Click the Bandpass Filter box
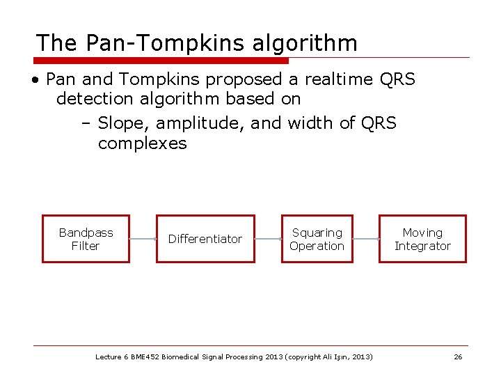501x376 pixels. (86, 239)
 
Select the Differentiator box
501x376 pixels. (205, 239)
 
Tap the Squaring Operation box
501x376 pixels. (317, 239)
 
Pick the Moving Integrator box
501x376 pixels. (422, 239)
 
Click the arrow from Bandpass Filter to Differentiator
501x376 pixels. (143, 239)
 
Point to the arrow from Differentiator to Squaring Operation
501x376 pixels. (268, 239)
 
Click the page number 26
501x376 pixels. (458, 357)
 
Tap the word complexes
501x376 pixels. (143, 144)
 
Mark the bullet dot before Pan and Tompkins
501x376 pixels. (34, 80)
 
